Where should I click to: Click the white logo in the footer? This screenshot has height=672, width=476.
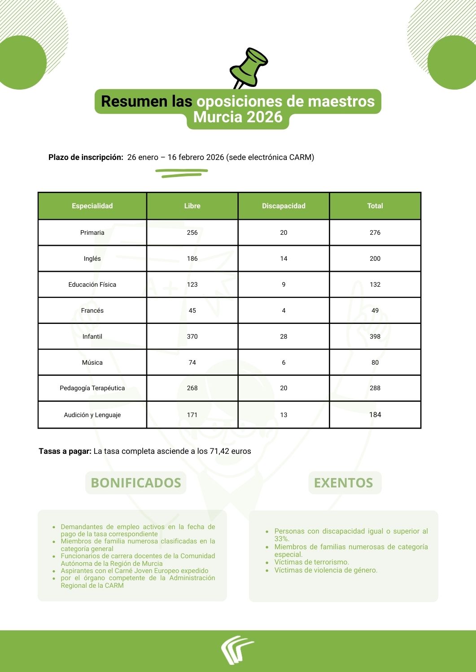tap(236, 649)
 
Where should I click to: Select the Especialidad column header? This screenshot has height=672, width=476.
tap(92, 206)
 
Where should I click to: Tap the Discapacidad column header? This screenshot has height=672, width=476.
tap(284, 206)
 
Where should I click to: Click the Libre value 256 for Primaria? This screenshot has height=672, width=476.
tap(192, 233)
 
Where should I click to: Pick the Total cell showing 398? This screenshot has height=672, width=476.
tap(375, 336)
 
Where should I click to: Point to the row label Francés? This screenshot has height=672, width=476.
tap(92, 310)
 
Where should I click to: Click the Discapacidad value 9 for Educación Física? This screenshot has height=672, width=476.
tap(284, 284)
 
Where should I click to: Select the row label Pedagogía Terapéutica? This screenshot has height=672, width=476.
tap(92, 388)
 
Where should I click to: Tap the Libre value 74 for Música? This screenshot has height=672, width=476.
tap(192, 362)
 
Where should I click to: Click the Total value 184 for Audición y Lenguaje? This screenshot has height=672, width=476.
tap(375, 415)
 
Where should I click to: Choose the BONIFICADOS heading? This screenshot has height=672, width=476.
tap(135, 483)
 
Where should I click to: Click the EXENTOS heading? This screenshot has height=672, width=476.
tap(344, 483)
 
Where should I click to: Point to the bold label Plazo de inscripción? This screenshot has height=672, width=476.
tap(86, 157)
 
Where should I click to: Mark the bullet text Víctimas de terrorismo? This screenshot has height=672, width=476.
tap(311, 562)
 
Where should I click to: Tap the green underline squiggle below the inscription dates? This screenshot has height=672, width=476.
tap(182, 173)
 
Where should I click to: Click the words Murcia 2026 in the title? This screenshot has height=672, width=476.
tap(238, 117)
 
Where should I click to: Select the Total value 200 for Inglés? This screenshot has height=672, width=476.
tap(375, 258)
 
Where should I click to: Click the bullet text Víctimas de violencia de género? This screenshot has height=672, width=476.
tap(326, 570)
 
